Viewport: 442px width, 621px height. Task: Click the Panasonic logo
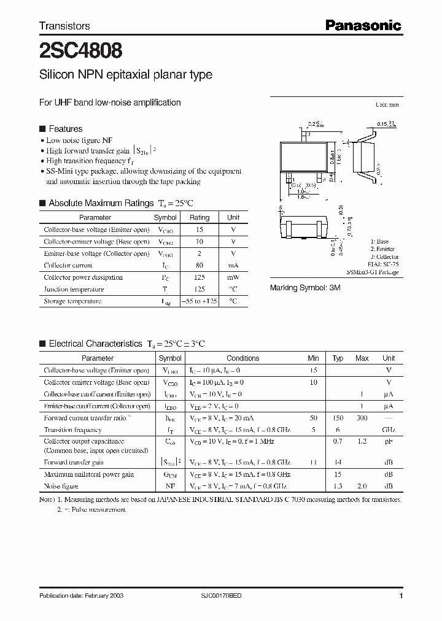click(363, 25)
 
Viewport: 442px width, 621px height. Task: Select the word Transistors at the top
click(64, 26)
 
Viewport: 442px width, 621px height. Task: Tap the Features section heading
click(65, 129)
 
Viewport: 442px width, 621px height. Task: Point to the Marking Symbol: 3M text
click(305, 288)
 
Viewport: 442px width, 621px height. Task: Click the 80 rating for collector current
click(199, 266)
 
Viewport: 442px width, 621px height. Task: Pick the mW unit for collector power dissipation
click(233, 277)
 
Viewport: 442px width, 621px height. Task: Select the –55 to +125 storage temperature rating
click(200, 301)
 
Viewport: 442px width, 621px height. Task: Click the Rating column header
click(200, 218)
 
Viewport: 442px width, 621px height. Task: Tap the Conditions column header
click(242, 358)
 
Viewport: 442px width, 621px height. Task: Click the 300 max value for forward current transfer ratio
click(362, 418)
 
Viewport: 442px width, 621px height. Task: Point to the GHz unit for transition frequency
click(389, 430)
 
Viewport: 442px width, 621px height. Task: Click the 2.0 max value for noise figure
click(362, 486)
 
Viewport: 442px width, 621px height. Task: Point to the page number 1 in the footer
click(401, 596)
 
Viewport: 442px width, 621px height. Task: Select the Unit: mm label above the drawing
click(389, 105)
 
